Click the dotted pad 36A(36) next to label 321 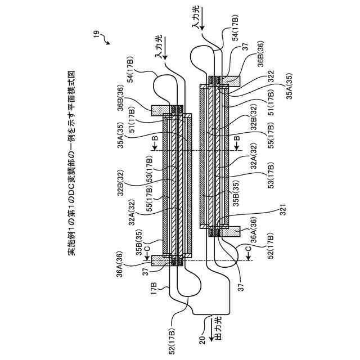[232, 231]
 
